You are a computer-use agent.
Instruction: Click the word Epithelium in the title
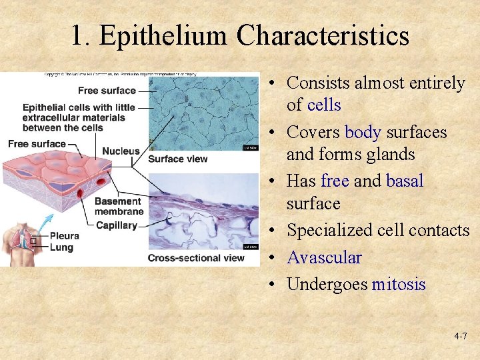click(x=163, y=35)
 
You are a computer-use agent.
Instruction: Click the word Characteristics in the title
click(x=323, y=35)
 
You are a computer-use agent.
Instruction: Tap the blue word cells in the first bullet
click(x=324, y=105)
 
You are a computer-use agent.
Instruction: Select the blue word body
click(x=363, y=132)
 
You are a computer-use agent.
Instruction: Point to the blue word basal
click(x=405, y=181)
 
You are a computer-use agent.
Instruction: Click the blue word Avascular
click(x=324, y=257)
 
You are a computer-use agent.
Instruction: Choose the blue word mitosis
click(x=399, y=285)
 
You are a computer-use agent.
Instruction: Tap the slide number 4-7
click(x=460, y=337)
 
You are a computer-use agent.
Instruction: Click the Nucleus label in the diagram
click(x=121, y=152)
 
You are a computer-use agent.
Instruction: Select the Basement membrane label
click(x=118, y=207)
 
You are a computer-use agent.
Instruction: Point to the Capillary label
click(x=116, y=225)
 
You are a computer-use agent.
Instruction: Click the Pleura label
click(x=64, y=235)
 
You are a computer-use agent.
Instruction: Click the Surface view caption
click(x=177, y=159)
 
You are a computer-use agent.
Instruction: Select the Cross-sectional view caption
click(x=195, y=258)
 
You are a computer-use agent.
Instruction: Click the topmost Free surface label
click(x=107, y=91)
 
